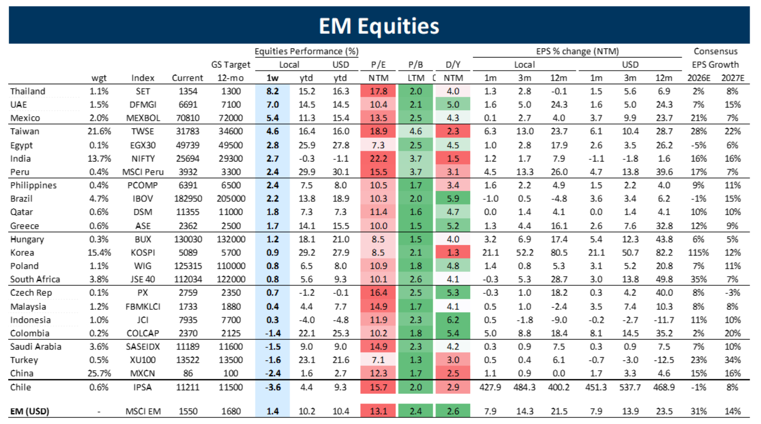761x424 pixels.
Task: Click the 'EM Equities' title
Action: pyautogui.click(x=379, y=26)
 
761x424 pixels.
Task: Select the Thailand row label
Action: pyautogui.click(x=28, y=91)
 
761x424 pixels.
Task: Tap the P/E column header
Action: pyautogui.click(x=378, y=65)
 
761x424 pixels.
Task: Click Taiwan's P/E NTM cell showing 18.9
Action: pyautogui.click(x=378, y=131)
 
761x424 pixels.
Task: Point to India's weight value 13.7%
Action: pyautogui.click(x=99, y=158)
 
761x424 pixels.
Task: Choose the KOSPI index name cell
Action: pyautogui.click(x=143, y=252)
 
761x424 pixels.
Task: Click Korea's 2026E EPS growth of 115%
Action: pyautogui.click(x=698, y=252)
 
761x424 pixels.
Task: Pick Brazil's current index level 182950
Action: pyautogui.click(x=188, y=199)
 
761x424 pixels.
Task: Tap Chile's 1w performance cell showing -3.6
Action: pyautogui.click(x=273, y=387)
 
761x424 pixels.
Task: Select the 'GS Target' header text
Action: pyautogui.click(x=231, y=65)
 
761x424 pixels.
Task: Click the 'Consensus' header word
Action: pyautogui.click(x=715, y=51)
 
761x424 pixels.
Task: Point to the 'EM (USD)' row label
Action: pyautogui.click(x=30, y=411)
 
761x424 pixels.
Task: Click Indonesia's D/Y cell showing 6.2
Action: pyautogui.click(x=453, y=320)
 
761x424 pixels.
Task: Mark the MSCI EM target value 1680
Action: pyautogui.click(x=231, y=411)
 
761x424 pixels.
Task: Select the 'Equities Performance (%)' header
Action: pyautogui.click(x=306, y=51)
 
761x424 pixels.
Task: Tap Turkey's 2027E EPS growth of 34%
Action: pyautogui.click(x=732, y=360)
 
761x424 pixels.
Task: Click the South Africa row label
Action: pyautogui.click(x=35, y=279)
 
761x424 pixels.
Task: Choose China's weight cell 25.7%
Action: pyautogui.click(x=99, y=373)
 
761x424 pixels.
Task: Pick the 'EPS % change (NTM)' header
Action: pyautogui.click(x=577, y=51)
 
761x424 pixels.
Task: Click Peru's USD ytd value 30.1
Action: pyautogui.click(x=340, y=172)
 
